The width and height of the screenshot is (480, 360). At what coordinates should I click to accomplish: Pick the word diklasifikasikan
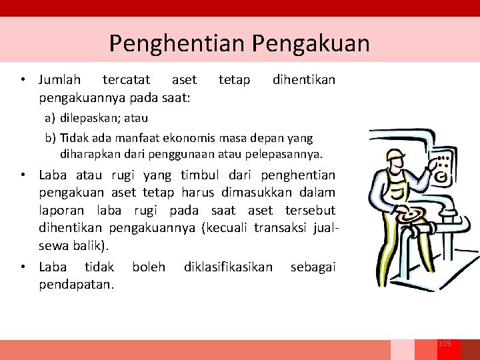pos(228,267)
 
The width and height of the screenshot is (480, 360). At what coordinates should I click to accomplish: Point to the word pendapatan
pos(76,284)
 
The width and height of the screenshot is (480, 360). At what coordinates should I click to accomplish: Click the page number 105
pos(445,343)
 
